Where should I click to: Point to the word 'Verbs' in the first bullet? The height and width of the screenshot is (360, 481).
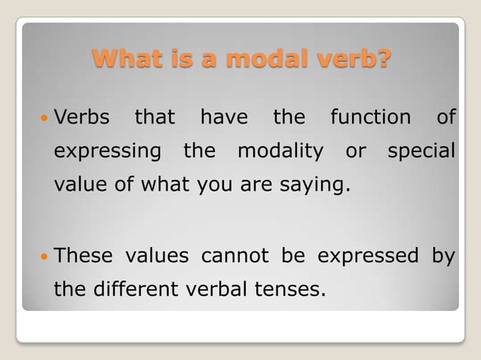(82, 117)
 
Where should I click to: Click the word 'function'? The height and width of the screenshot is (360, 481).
(370, 117)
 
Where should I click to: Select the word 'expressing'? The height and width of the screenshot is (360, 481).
(108, 151)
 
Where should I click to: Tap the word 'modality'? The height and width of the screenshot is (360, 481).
(280, 151)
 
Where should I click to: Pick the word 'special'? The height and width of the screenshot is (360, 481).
(421, 151)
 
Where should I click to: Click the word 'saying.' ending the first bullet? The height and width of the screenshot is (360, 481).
(320, 185)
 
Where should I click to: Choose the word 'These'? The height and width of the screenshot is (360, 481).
(83, 255)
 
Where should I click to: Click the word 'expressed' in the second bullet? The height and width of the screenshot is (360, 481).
(368, 255)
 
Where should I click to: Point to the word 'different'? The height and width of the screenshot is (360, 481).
(139, 288)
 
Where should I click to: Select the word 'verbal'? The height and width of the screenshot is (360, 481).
(218, 288)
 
